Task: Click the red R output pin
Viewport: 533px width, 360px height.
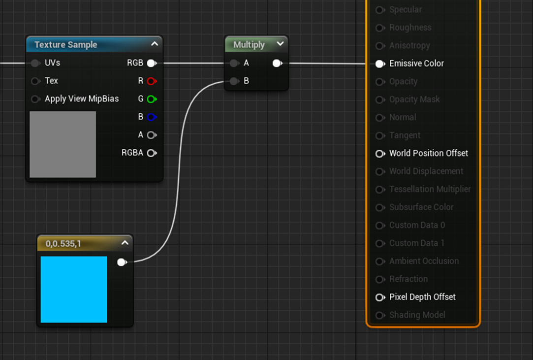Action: coord(152,81)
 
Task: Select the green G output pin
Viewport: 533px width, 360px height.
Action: coord(152,99)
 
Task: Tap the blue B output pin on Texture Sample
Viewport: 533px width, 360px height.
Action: coord(152,117)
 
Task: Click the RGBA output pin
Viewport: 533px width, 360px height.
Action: coord(152,153)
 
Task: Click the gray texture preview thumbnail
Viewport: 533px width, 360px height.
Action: coord(63,144)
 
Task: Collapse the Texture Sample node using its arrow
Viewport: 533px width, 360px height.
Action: coord(155,44)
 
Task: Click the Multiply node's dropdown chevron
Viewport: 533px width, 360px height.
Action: coord(280,44)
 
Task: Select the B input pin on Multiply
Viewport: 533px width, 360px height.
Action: coord(234,81)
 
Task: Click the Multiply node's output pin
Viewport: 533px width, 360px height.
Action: coord(278,64)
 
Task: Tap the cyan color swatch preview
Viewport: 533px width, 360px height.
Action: coord(74,289)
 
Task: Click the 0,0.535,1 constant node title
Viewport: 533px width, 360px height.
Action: coord(63,244)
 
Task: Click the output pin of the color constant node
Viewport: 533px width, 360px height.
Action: coord(122,262)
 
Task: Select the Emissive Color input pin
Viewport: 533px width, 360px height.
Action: coord(380,64)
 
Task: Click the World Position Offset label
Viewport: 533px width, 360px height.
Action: coord(429,154)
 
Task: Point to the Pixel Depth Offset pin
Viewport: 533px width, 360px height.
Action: coord(380,297)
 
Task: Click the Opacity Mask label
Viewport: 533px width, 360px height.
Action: coord(414,99)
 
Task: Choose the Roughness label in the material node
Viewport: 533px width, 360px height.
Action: coord(410,28)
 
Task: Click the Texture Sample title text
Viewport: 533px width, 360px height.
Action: coord(66,45)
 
